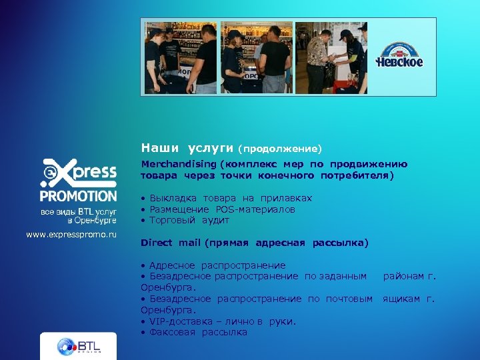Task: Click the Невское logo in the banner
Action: coord(399,56)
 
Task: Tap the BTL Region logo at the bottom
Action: coord(78,346)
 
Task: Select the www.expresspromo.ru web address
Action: coord(71,234)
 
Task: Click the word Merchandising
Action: coord(177,164)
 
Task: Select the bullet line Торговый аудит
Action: coord(189,220)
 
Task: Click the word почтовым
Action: coord(349,299)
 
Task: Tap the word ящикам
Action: coord(401,299)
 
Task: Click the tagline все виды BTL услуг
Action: coord(78,211)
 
